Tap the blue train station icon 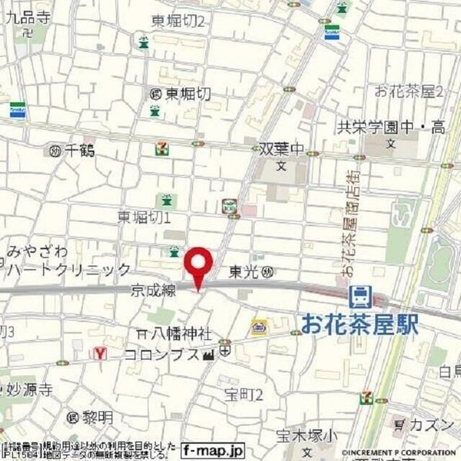click(x=359, y=295)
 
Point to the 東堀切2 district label click(x=177, y=22)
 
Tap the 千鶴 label click(x=79, y=151)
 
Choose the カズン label click(x=425, y=424)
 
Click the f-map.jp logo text click(x=213, y=451)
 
